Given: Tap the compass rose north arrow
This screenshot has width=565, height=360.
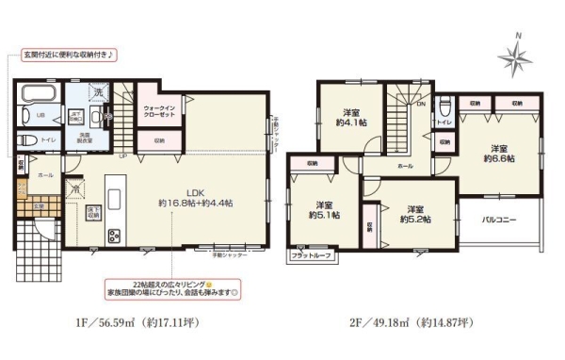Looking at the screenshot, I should pyautogui.click(x=517, y=58).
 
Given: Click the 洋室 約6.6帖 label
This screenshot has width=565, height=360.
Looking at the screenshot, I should pyautogui.click(x=497, y=154).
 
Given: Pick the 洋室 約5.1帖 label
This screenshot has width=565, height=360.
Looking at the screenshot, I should pyautogui.click(x=323, y=209).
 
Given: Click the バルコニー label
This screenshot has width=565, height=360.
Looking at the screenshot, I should pyautogui.click(x=496, y=219).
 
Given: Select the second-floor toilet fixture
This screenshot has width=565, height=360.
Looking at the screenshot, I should pyautogui.click(x=446, y=106).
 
